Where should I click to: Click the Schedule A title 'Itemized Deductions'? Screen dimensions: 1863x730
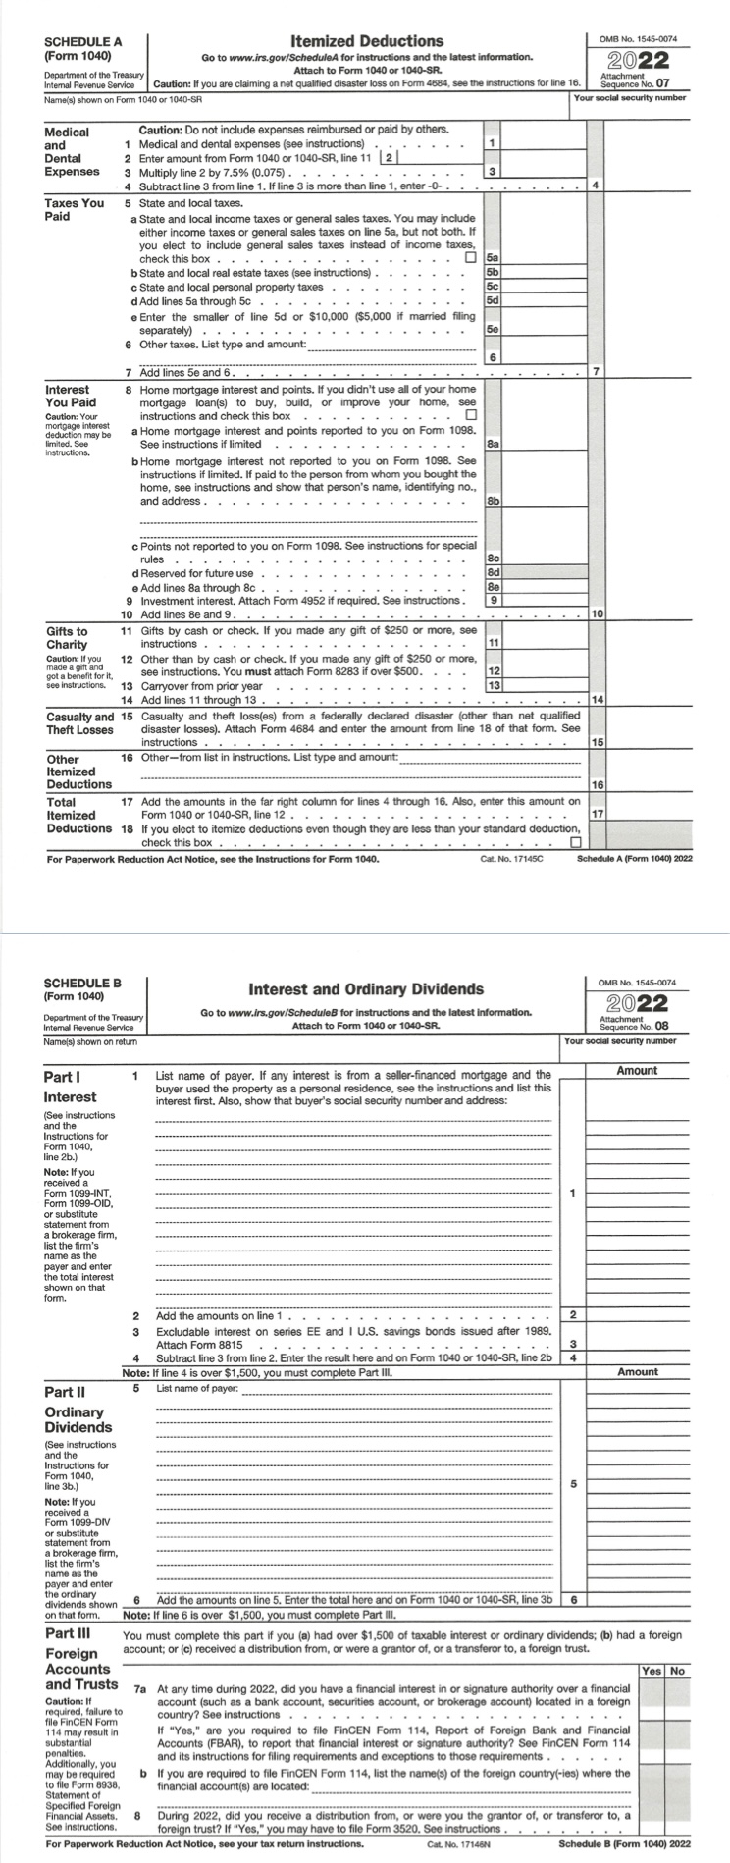point(366,41)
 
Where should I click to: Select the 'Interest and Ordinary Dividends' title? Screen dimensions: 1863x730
point(366,988)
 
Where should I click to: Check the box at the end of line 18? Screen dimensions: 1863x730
point(576,842)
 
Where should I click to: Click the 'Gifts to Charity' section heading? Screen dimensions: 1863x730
point(67,637)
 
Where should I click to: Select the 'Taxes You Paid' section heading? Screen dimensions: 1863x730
point(75,209)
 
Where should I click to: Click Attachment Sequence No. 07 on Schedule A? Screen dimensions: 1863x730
point(641,80)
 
